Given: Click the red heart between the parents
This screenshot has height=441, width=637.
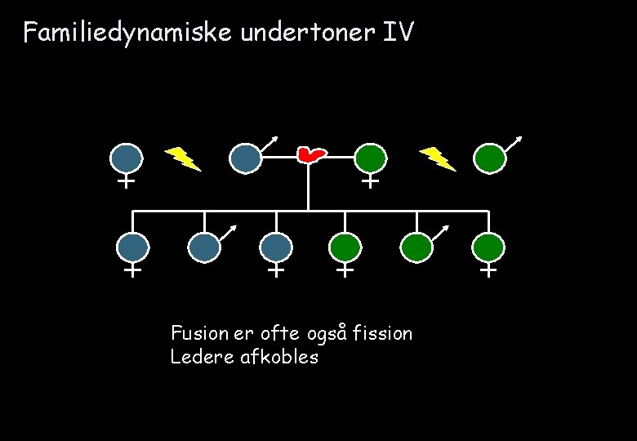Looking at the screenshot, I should pos(310,154).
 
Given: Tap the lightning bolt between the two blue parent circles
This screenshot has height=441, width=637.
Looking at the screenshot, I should pos(184,158).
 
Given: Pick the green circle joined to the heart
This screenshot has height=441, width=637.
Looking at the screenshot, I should pos(370,158).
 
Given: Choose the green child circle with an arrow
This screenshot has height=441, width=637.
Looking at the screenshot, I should pos(416,247).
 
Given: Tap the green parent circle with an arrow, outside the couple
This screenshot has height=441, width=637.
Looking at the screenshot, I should pos(490,158).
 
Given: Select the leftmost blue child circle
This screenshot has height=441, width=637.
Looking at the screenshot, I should pos(132,247).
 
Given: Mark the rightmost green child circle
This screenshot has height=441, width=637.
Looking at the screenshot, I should pos(488,247).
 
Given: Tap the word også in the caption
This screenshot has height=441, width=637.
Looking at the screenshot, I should pos(327,334).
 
